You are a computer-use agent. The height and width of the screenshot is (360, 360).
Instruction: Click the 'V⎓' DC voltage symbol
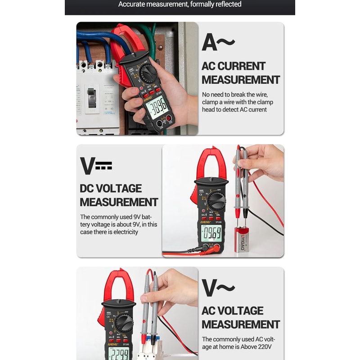(96, 166)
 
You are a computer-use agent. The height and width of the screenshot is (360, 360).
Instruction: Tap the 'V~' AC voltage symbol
(218, 288)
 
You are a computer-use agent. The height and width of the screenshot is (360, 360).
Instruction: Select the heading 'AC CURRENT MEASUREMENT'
(240, 73)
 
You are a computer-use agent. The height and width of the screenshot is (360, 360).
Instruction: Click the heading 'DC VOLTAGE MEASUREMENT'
(119, 195)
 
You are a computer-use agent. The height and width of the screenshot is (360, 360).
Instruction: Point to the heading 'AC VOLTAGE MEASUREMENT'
(240, 317)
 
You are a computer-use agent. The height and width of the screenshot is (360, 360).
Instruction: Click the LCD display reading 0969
(211, 233)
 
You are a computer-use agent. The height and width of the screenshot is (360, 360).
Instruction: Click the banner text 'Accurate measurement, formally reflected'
(180, 4)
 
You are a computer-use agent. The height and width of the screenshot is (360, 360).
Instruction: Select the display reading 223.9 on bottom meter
(119, 353)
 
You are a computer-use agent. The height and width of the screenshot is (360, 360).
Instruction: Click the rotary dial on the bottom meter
(124, 322)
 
